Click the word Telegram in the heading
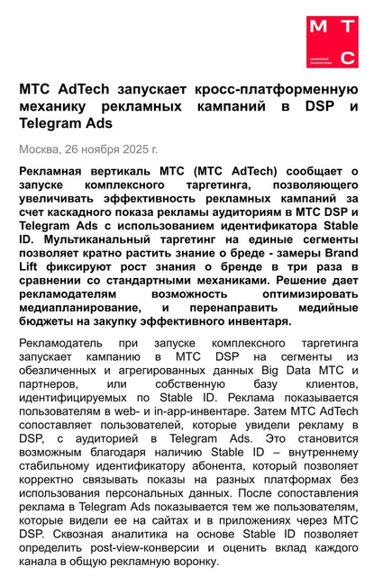coord(53,124)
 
